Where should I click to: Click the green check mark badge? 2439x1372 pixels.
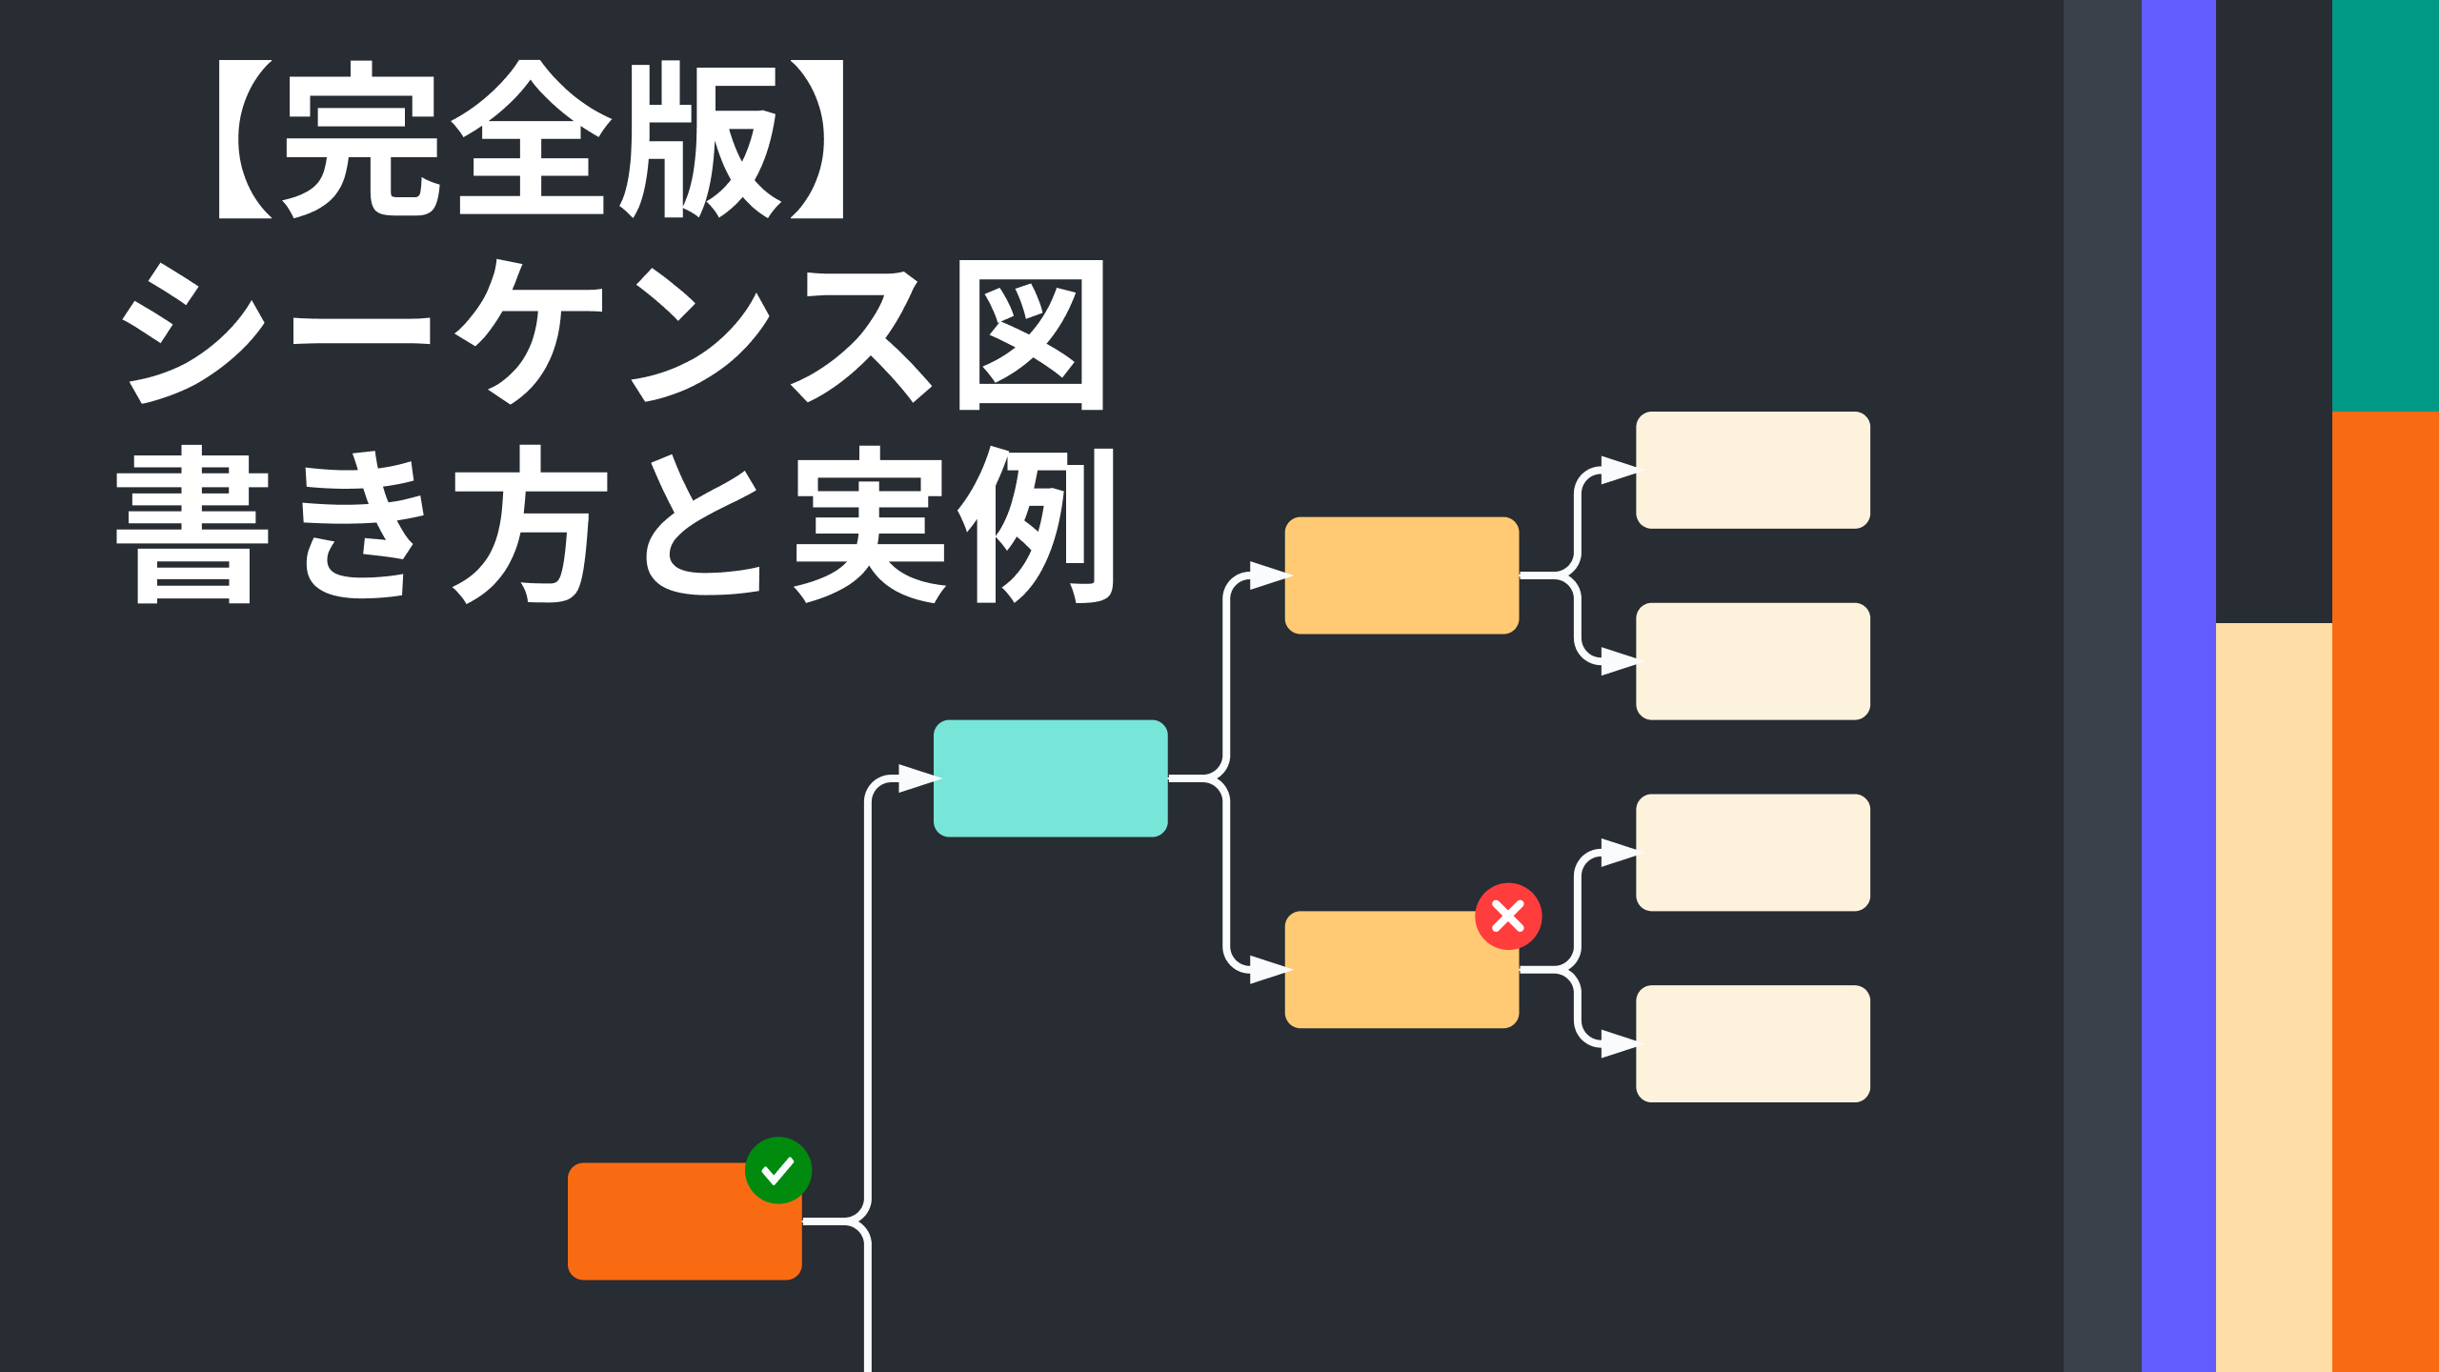[778, 1170]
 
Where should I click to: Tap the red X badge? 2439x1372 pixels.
[1508, 917]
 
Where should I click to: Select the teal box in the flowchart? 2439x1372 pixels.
[1051, 778]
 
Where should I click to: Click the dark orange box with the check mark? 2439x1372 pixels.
[685, 1221]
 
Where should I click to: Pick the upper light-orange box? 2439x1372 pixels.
[1401, 575]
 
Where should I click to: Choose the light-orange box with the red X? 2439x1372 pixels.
[1401, 970]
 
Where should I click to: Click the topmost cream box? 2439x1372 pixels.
[1753, 470]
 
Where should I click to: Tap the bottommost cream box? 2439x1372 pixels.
[1753, 1044]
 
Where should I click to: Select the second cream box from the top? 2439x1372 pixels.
[1753, 661]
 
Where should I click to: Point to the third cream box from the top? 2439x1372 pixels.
[1753, 853]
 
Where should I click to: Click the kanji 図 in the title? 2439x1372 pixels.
[1031, 335]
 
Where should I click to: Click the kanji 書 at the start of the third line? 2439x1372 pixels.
[192, 525]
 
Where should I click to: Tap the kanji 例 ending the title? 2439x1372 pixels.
[1037, 525]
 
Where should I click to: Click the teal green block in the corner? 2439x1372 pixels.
[2386, 206]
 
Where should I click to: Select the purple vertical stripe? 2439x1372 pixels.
[2179, 686]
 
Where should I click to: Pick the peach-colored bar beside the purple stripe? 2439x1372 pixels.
[2274, 998]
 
